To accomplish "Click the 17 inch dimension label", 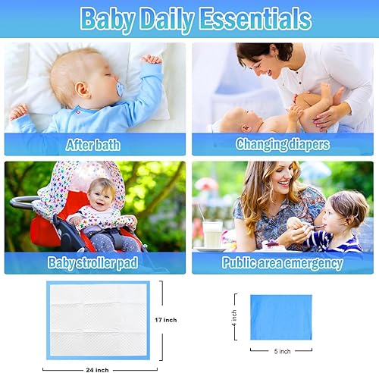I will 165,320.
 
